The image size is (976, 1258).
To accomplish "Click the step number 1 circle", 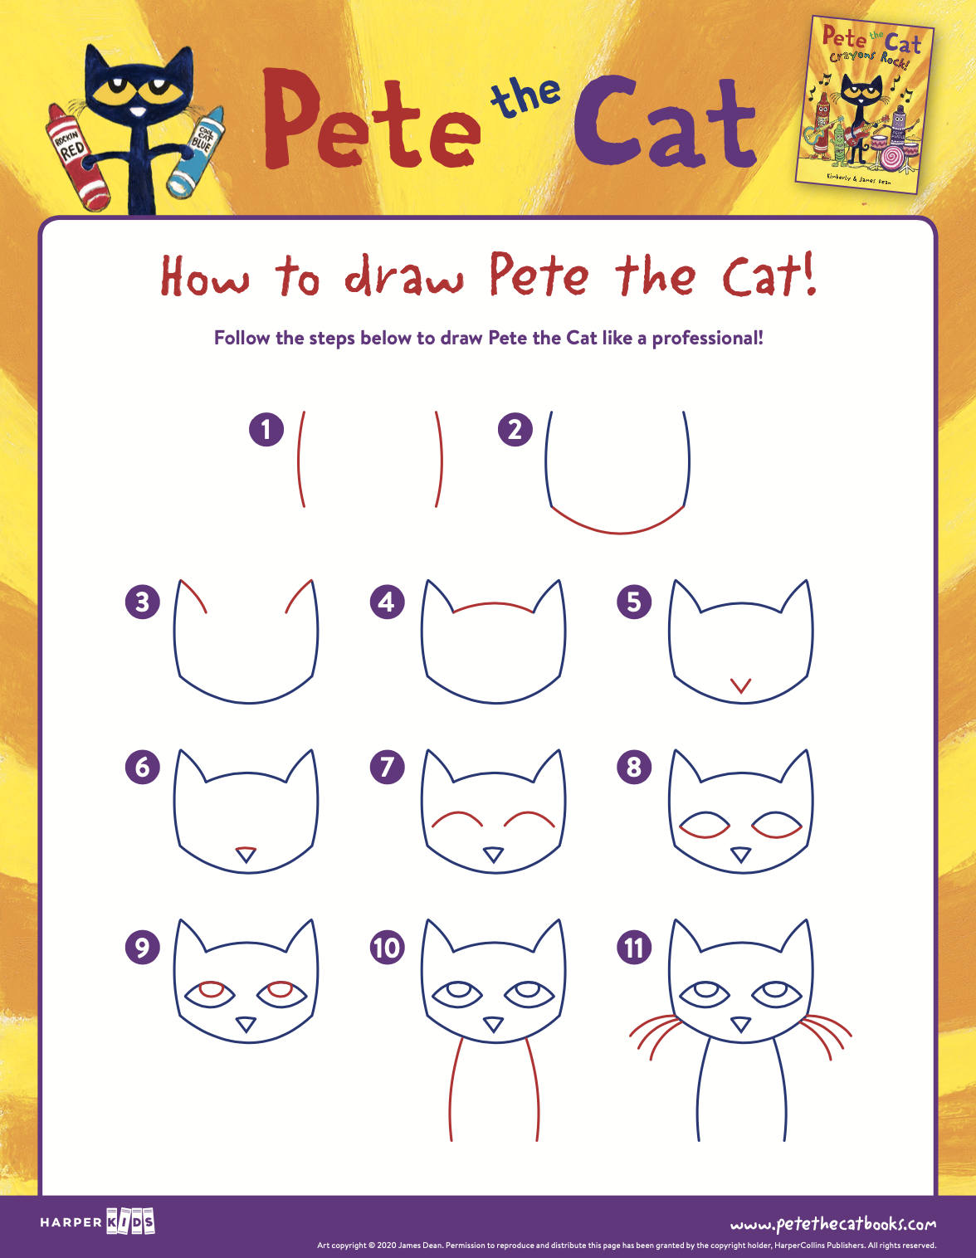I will click(x=266, y=429).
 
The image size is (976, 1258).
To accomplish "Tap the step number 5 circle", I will click(x=634, y=602).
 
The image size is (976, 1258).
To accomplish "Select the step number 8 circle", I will click(x=634, y=767).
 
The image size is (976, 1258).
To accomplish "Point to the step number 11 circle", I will click(x=634, y=948).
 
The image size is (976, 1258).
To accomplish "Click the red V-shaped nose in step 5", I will click(x=740, y=686).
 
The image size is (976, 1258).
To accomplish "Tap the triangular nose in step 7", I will click(x=494, y=854).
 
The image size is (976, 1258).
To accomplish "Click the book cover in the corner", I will click(x=865, y=104).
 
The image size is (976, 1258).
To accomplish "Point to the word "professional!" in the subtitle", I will click(x=707, y=338).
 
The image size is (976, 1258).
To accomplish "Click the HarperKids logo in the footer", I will click(x=98, y=1221).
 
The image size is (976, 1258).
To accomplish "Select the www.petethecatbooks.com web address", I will click(x=832, y=1224).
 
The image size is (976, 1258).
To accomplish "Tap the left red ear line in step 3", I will click(x=194, y=596).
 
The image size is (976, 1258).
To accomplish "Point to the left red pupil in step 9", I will click(x=212, y=988).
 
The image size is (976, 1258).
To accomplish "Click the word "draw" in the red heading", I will click(x=404, y=278).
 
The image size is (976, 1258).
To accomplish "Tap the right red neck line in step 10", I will click(x=534, y=1087).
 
